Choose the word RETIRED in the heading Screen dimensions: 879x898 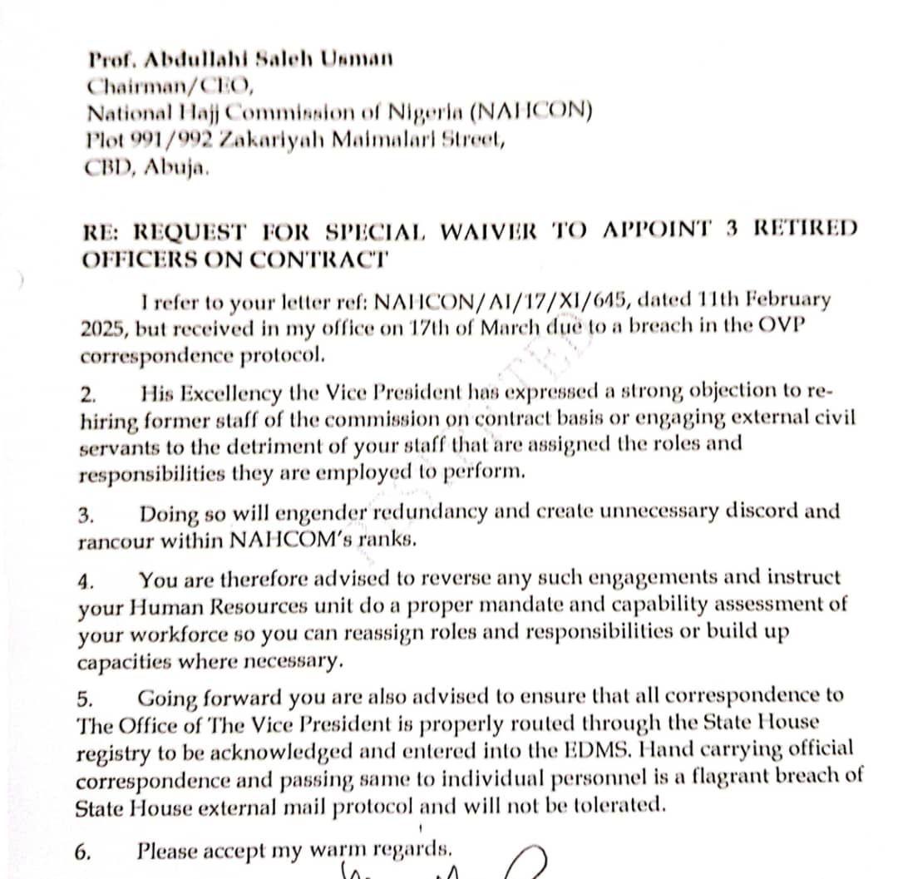pyautogui.click(x=804, y=230)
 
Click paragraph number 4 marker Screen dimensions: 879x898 pyautogui.click(x=86, y=580)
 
